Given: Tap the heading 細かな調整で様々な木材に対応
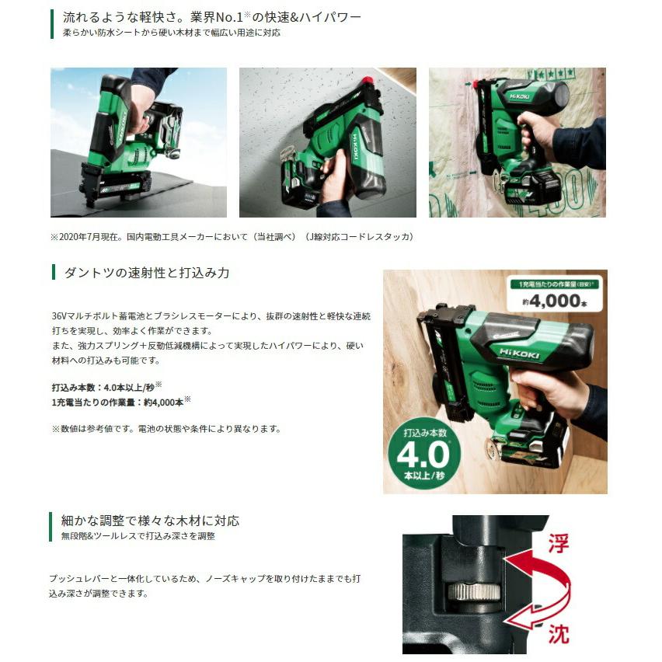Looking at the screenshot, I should pos(150,521).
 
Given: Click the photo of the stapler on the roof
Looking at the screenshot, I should pos(138,142).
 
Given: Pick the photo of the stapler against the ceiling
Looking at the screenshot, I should pos(327,142).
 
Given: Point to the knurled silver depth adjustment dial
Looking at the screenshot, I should pos(473,591).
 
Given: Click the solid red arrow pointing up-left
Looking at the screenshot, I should pos(536,571).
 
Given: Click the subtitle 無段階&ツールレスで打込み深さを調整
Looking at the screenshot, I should pos(138,536).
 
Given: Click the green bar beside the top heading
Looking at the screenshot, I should pos(52,24).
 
